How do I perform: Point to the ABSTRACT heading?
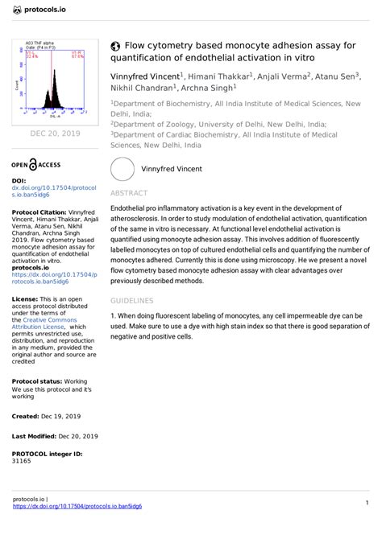click(x=128, y=194)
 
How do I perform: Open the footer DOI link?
click(x=78, y=507)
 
